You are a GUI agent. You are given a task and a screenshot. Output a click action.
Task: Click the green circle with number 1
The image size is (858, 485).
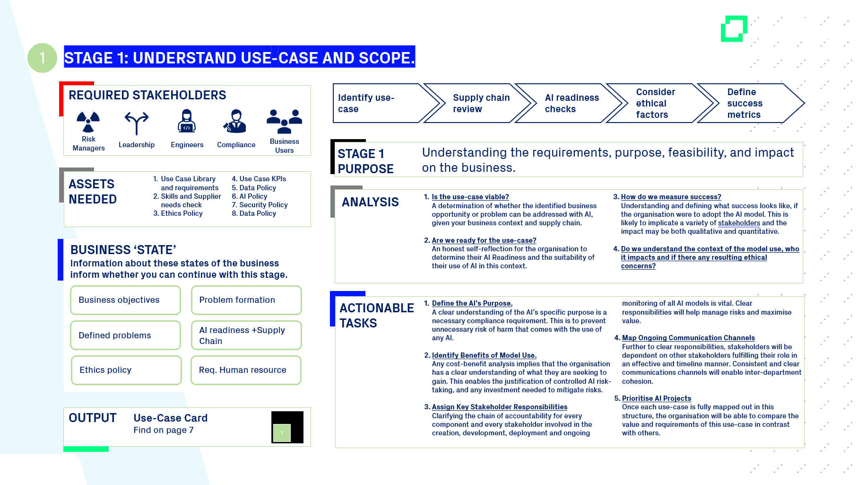coord(42,58)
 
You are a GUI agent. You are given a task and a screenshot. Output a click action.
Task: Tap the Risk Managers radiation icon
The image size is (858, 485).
coord(88,122)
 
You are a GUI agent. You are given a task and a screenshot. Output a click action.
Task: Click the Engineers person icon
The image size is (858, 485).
coord(187,122)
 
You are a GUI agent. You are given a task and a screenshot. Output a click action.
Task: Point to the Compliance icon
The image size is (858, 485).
coord(235,122)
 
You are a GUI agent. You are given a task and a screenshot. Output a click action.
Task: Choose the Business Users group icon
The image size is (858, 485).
coord(284,122)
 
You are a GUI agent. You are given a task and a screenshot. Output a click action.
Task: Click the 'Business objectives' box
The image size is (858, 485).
coord(125,300)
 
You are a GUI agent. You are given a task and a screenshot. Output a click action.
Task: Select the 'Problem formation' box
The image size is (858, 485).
coord(246,300)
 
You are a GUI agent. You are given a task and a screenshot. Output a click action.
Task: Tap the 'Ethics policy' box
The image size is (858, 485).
coord(126,370)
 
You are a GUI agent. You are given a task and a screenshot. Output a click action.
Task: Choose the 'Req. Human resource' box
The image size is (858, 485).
coord(246,370)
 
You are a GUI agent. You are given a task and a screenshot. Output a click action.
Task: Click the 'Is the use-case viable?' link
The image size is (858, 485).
coord(470,197)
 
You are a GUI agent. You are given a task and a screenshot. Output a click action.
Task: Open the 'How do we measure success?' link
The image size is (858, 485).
coord(671,197)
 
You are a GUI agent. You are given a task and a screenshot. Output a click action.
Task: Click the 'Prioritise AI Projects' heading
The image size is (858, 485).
coord(656,398)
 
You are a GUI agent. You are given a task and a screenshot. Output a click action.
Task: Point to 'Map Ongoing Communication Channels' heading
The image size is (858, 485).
coord(688,338)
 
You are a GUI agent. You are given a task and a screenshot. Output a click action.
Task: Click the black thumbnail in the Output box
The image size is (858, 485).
coord(287,427)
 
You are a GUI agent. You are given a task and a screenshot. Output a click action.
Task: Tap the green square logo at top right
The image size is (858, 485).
coord(734,29)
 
